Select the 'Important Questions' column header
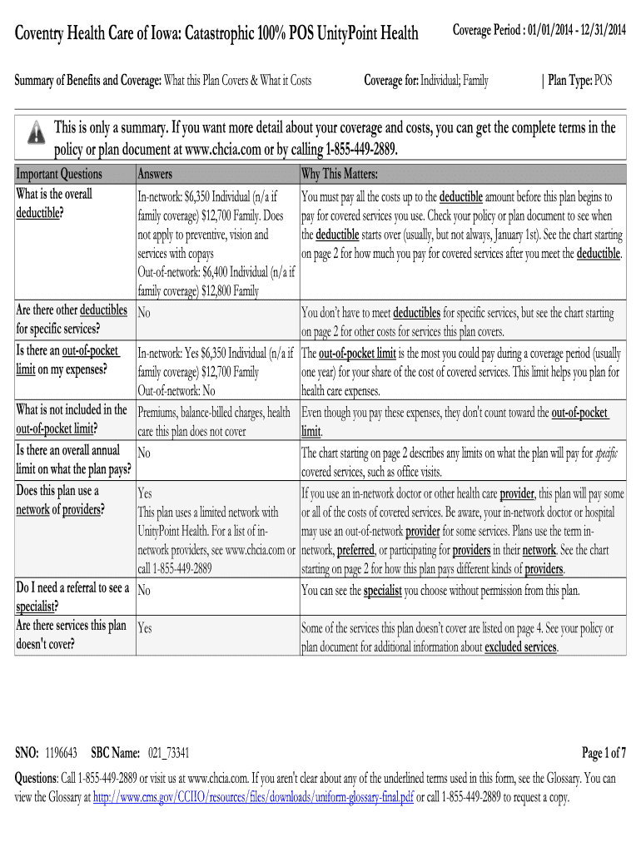(59, 174)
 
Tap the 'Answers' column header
(155, 174)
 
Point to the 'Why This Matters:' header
(340, 174)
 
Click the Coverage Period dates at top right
(539, 31)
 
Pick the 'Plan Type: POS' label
(578, 80)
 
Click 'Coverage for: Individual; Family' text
(426, 80)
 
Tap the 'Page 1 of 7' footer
(604, 753)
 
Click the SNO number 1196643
(62, 753)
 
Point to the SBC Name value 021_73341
(168, 753)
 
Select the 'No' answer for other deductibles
(143, 314)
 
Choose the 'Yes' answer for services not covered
(145, 628)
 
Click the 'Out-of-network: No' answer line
(176, 390)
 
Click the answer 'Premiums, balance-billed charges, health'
(214, 412)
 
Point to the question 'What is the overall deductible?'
(55, 202)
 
